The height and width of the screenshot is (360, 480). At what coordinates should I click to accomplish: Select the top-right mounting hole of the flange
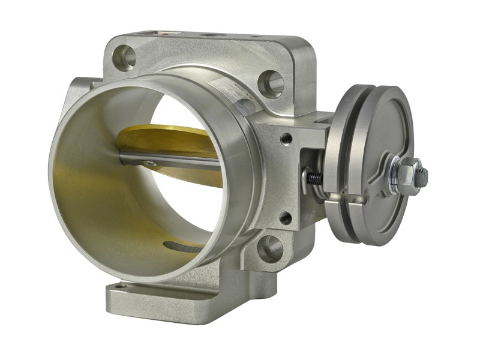pyautogui.click(x=272, y=83)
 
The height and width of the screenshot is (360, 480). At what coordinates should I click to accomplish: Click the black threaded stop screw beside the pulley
pyautogui.click(x=314, y=178)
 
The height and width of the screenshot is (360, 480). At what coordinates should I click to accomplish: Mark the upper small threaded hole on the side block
pyautogui.click(x=286, y=139)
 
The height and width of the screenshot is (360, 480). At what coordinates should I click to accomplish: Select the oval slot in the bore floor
pyautogui.click(x=180, y=246)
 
